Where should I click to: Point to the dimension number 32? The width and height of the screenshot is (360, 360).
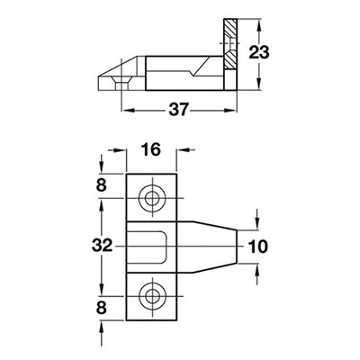pos(103,244)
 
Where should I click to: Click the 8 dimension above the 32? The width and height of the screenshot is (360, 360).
pos(103,186)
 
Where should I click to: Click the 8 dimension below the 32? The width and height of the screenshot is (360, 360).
pos(103,306)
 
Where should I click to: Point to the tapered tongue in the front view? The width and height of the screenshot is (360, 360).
pos(211,244)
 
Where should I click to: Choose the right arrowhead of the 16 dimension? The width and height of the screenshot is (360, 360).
pos(185,150)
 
